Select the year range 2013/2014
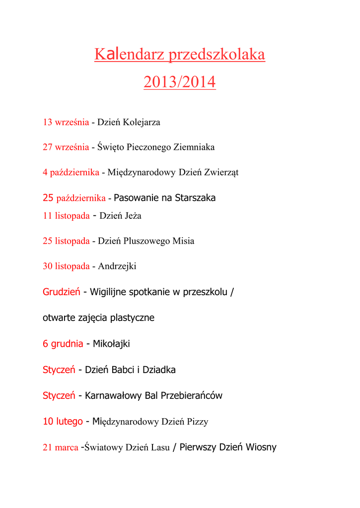(180, 82)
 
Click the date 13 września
(66, 122)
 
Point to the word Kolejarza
(142, 122)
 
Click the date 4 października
(71, 173)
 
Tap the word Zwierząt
(222, 173)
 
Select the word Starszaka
(195, 198)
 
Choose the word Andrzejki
(117, 266)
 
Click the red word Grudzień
(62, 292)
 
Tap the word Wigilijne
(108, 292)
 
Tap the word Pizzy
(198, 422)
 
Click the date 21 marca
(60, 447)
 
